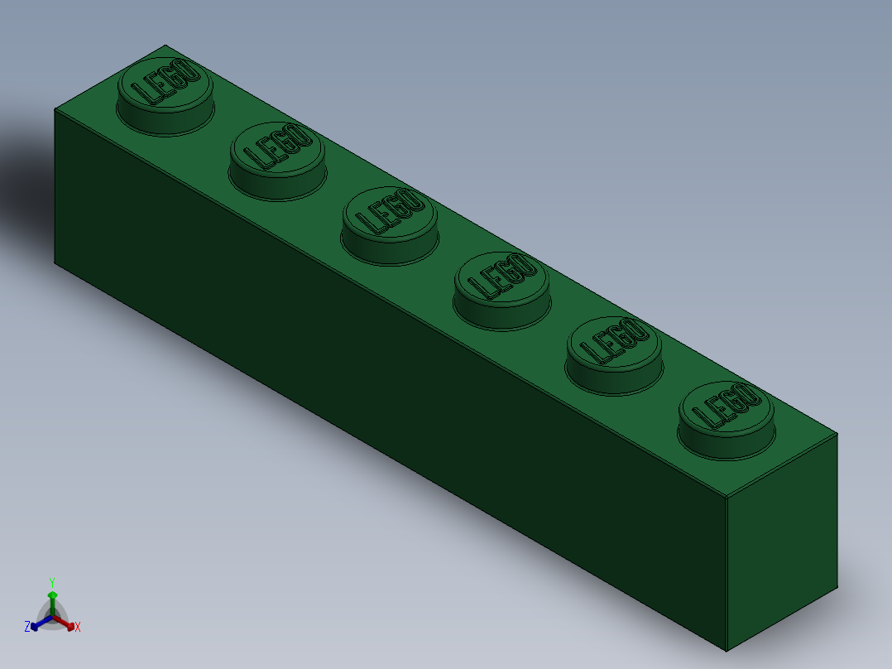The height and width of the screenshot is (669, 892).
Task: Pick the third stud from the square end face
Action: tap(501, 286)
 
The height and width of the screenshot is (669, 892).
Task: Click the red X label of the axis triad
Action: tap(78, 628)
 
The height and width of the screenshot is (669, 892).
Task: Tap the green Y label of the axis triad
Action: tap(51, 582)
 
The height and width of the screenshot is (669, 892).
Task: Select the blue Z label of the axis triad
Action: tap(27, 627)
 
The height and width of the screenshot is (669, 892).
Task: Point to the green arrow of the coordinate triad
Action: tap(52, 599)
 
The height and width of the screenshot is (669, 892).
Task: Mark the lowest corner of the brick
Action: tap(727, 651)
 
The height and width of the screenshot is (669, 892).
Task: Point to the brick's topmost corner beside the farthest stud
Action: tap(165, 45)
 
